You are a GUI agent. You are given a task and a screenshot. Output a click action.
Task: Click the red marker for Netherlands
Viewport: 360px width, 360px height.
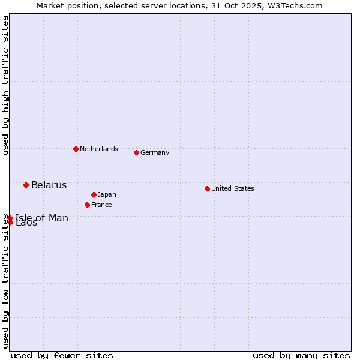click(76, 149)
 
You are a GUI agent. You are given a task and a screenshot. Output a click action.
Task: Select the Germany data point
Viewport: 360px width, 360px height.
click(136, 152)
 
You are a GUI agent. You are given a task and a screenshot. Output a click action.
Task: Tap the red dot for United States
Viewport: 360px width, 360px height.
click(207, 188)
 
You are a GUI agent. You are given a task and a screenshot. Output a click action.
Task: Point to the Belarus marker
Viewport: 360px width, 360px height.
click(26, 185)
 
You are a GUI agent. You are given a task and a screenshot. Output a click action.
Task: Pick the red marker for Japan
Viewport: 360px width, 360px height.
click(94, 194)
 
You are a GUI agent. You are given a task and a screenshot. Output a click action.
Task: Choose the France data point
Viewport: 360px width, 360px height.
click(87, 205)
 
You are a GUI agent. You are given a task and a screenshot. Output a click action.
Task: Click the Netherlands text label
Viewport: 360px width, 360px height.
click(99, 149)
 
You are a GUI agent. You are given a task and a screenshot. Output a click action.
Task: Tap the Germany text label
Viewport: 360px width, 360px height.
click(155, 152)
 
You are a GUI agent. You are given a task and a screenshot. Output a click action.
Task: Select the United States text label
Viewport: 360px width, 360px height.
click(233, 188)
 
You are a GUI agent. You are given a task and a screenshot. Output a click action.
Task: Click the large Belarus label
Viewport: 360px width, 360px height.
click(49, 185)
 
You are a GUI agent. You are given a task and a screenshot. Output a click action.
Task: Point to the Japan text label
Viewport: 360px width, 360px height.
click(107, 194)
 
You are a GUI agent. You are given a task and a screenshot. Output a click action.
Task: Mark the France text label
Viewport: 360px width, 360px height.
click(101, 205)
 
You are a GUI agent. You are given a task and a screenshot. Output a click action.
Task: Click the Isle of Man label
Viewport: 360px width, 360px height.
click(42, 218)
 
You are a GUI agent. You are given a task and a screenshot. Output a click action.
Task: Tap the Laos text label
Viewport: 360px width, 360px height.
click(26, 224)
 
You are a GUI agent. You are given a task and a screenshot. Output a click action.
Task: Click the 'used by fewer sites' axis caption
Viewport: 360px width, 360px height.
click(62, 355)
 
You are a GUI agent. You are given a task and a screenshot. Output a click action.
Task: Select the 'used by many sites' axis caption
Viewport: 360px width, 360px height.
click(301, 355)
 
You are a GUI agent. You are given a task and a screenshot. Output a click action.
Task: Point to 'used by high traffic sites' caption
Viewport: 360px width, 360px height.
click(5, 85)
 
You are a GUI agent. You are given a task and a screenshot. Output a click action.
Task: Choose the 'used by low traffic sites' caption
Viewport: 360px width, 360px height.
click(5, 282)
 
